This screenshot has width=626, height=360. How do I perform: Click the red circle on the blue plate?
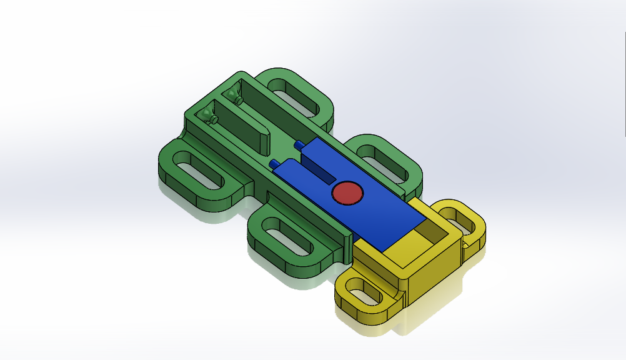(347, 194)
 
